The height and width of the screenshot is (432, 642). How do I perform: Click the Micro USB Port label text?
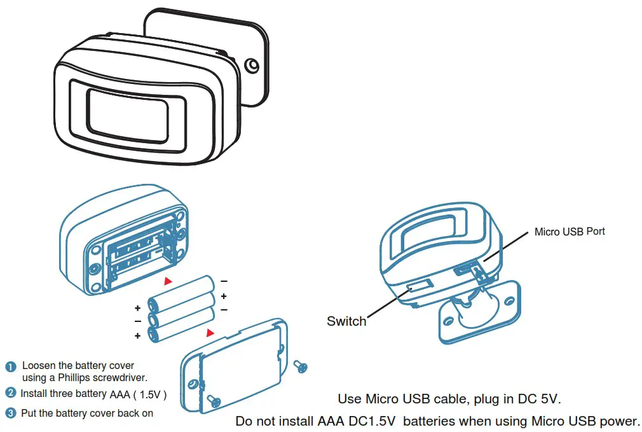pos(570,232)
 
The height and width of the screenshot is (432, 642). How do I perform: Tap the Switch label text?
pos(346,321)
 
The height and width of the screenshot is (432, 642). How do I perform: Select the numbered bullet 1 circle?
pos(11,366)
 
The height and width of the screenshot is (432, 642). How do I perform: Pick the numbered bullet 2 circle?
pos(11,393)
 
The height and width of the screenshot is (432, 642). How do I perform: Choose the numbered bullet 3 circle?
pos(11,414)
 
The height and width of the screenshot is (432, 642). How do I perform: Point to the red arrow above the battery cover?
pos(210,333)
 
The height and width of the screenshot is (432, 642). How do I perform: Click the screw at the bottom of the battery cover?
pos(214,400)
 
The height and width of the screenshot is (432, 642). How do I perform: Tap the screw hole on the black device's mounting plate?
pos(252,66)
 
